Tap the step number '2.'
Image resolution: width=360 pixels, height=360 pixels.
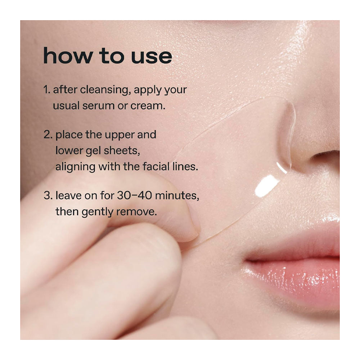(48, 135)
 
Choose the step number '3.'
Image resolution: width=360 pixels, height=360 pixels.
(48, 196)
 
